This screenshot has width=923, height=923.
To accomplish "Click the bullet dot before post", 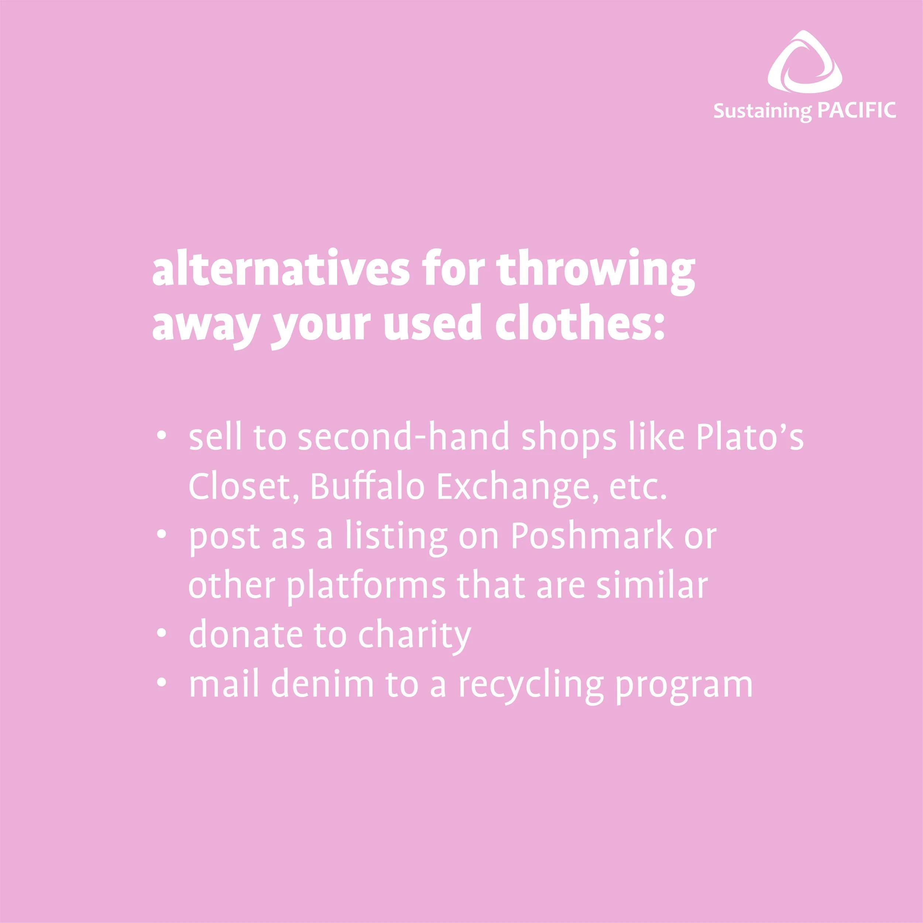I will click(162, 535).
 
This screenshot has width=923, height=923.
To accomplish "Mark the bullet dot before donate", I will click(162, 633).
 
